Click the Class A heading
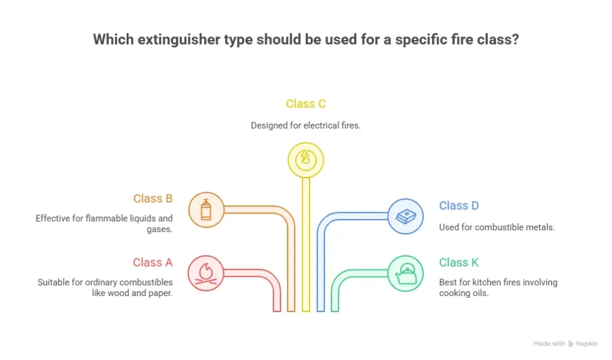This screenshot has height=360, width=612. tap(152, 263)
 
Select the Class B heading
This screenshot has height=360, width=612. tap(152, 199)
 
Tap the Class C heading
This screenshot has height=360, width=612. tap(305, 104)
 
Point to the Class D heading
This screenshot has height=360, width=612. tap(458, 206)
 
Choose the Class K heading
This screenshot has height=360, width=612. tap(458, 263)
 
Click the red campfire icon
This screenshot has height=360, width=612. tap(206, 273)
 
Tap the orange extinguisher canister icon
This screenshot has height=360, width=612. tap(206, 210)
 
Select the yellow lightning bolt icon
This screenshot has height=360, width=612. tap(305, 160)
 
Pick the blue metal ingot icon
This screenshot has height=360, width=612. tap(405, 216)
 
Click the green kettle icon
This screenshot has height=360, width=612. tap(405, 274)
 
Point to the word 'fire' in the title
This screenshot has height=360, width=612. tap(461, 40)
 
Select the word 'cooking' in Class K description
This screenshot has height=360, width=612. tap(457, 293)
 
